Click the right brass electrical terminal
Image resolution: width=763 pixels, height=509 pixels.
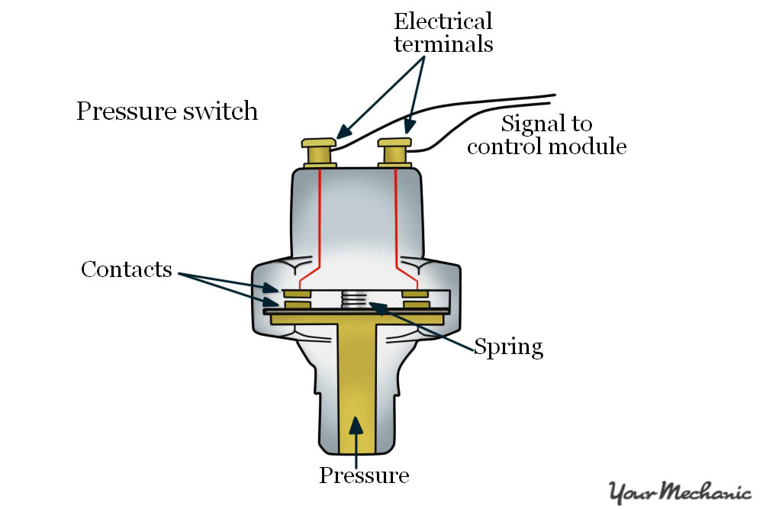coord(395,151)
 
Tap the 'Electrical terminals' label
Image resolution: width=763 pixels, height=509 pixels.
coord(443,32)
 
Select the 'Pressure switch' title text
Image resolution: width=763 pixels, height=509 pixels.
coord(167,111)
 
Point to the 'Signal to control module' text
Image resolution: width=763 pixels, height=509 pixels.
coord(546,134)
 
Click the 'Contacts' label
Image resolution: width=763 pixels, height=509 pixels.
coord(127,269)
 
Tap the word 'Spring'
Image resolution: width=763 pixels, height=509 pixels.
coord(508,347)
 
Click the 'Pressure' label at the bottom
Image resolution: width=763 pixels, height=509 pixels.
coord(364,475)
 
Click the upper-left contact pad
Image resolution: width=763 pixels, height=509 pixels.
coord(297,293)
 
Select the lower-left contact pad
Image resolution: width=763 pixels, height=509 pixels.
coord(297,305)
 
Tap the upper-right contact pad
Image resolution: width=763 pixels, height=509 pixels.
coord(416,293)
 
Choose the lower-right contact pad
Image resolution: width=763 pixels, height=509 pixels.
coord(416,305)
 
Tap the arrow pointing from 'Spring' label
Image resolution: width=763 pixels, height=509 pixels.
coord(427,325)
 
